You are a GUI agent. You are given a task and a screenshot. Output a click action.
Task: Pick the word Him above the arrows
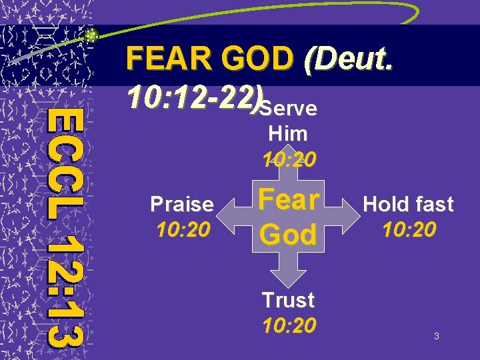click(287, 133)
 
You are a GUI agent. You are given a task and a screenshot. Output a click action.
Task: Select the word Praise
click(182, 204)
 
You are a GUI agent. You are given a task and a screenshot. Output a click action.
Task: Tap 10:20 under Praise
click(182, 230)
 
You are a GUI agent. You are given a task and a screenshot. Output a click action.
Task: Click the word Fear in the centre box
click(289, 199)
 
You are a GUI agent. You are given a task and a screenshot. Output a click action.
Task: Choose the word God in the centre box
click(289, 234)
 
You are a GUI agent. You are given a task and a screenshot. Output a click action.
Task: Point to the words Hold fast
click(409, 204)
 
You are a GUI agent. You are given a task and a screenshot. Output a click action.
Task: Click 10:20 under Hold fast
click(409, 230)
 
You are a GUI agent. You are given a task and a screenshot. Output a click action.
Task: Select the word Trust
click(287, 300)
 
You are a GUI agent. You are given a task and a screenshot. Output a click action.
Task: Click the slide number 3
click(436, 337)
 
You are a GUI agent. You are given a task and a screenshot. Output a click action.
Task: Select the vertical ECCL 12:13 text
click(67, 227)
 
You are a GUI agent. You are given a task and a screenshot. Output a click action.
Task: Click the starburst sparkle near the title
click(93, 35)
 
